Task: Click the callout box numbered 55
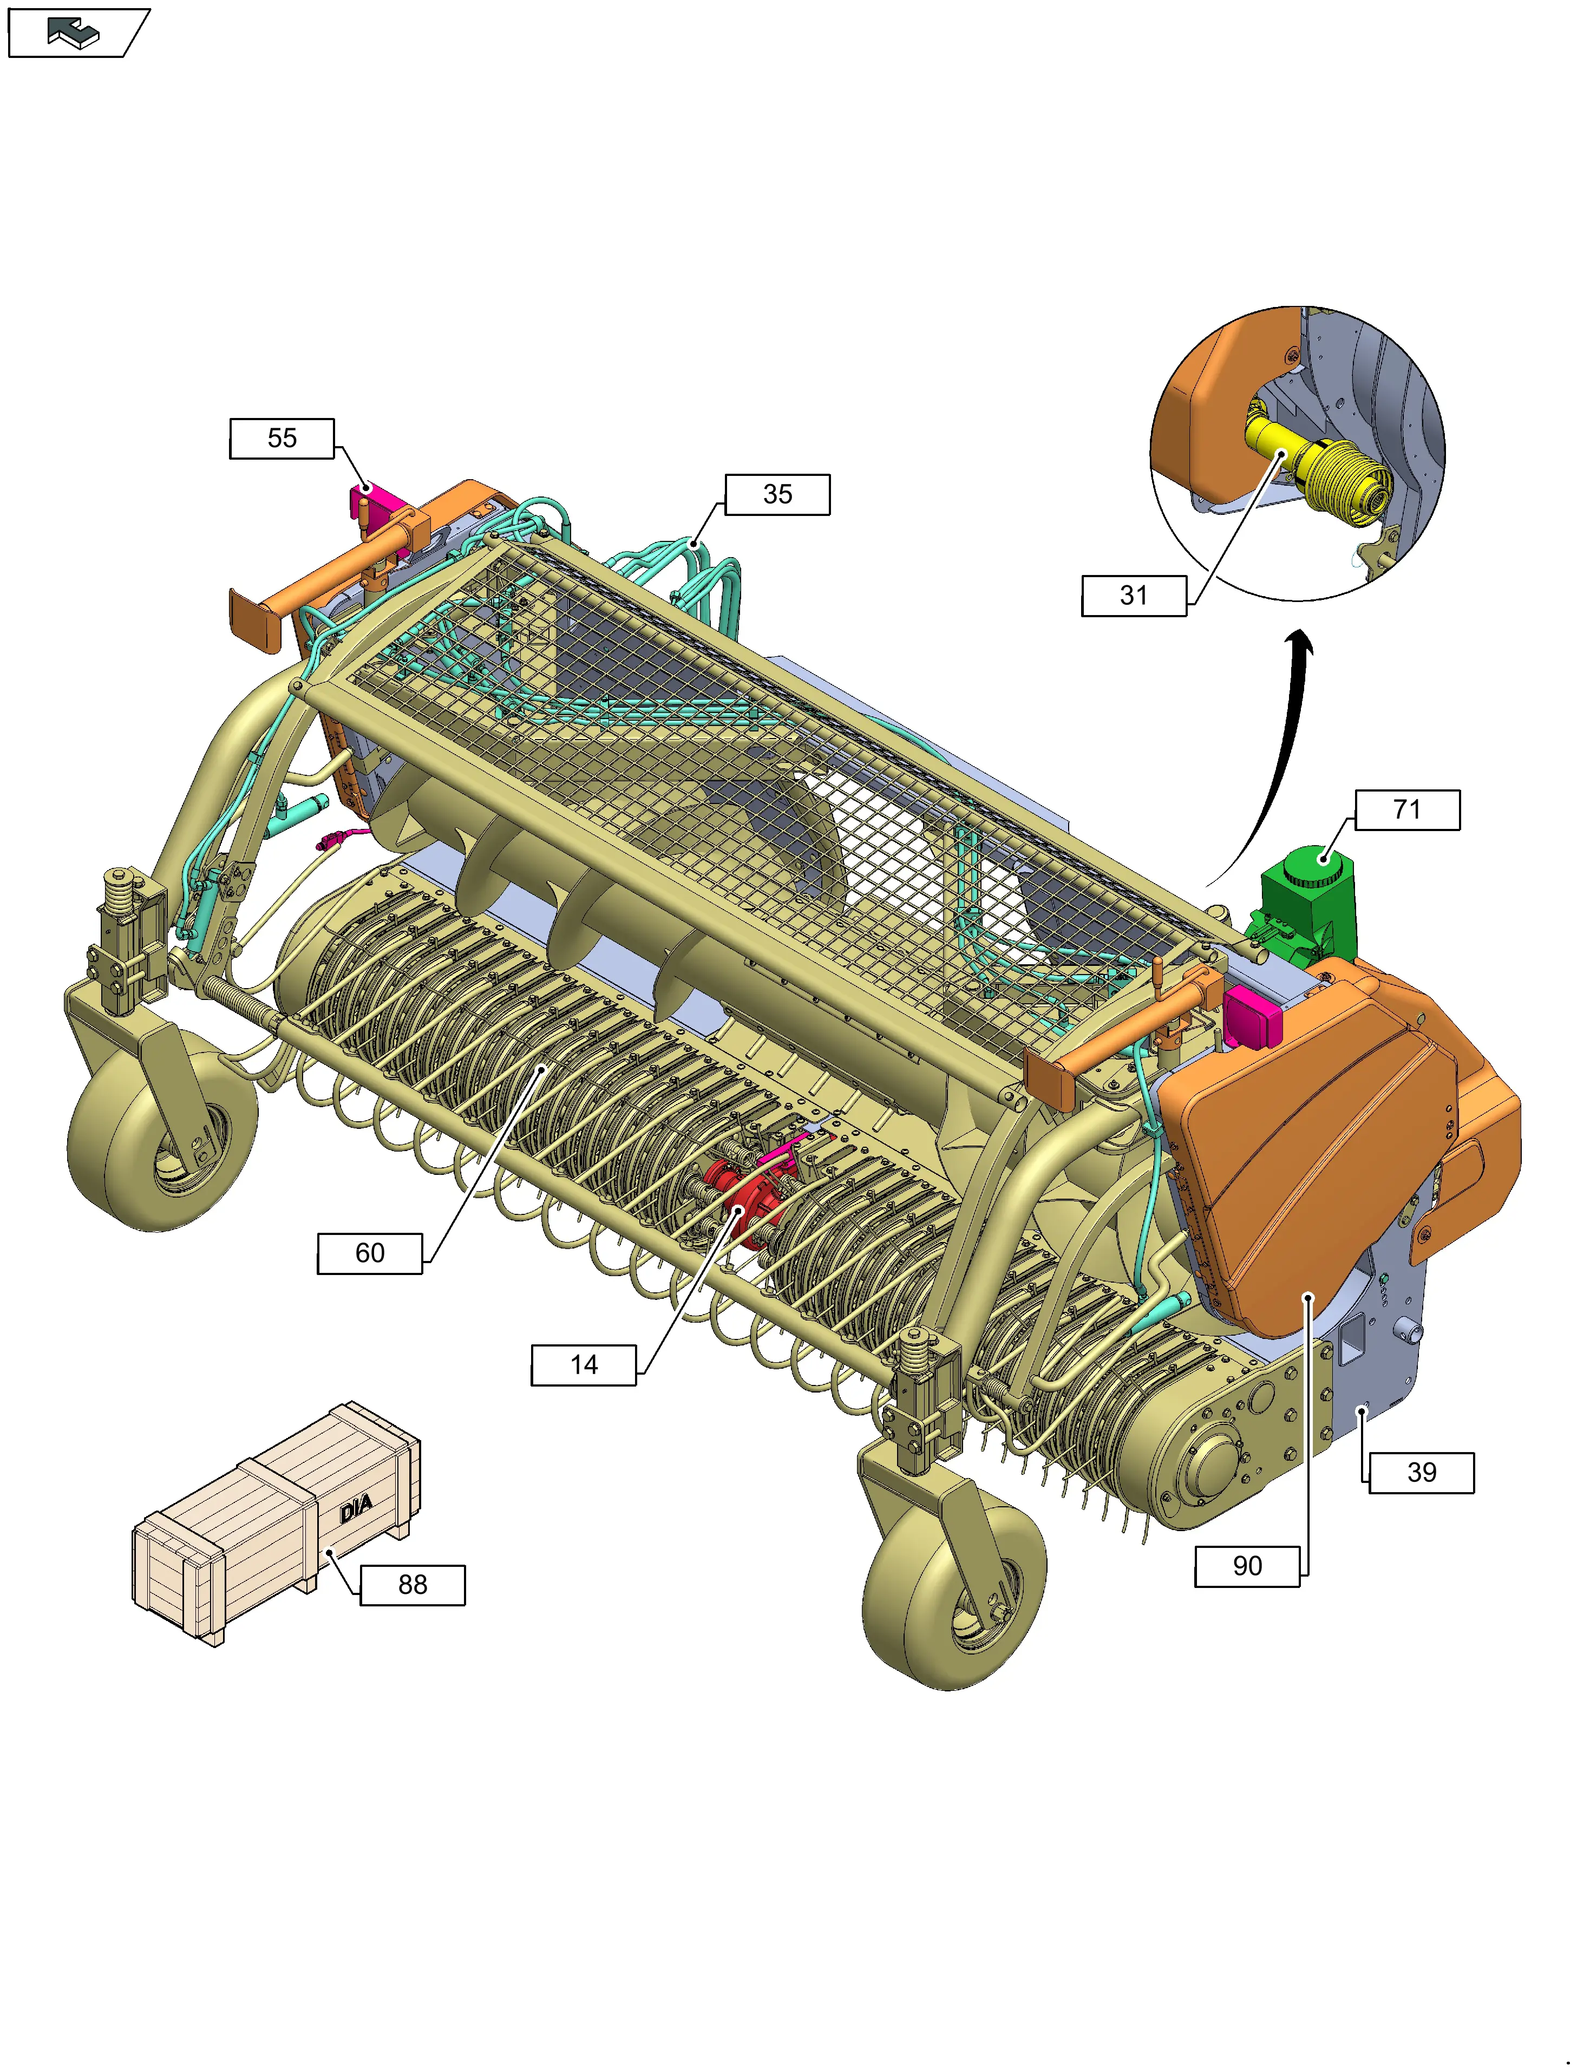[x=282, y=439]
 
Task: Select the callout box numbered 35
[x=777, y=495]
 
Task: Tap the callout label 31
[x=1134, y=595]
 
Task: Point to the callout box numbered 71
[x=1407, y=809]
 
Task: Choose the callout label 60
[x=370, y=1253]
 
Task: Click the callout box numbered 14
[x=584, y=1365]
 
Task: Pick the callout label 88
[x=413, y=1585]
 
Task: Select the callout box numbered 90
[x=1247, y=1566]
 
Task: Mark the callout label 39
[x=1421, y=1472]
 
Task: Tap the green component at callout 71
[x=1305, y=906]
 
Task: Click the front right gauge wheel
[x=953, y=1596]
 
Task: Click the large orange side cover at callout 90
[x=1333, y=1146]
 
